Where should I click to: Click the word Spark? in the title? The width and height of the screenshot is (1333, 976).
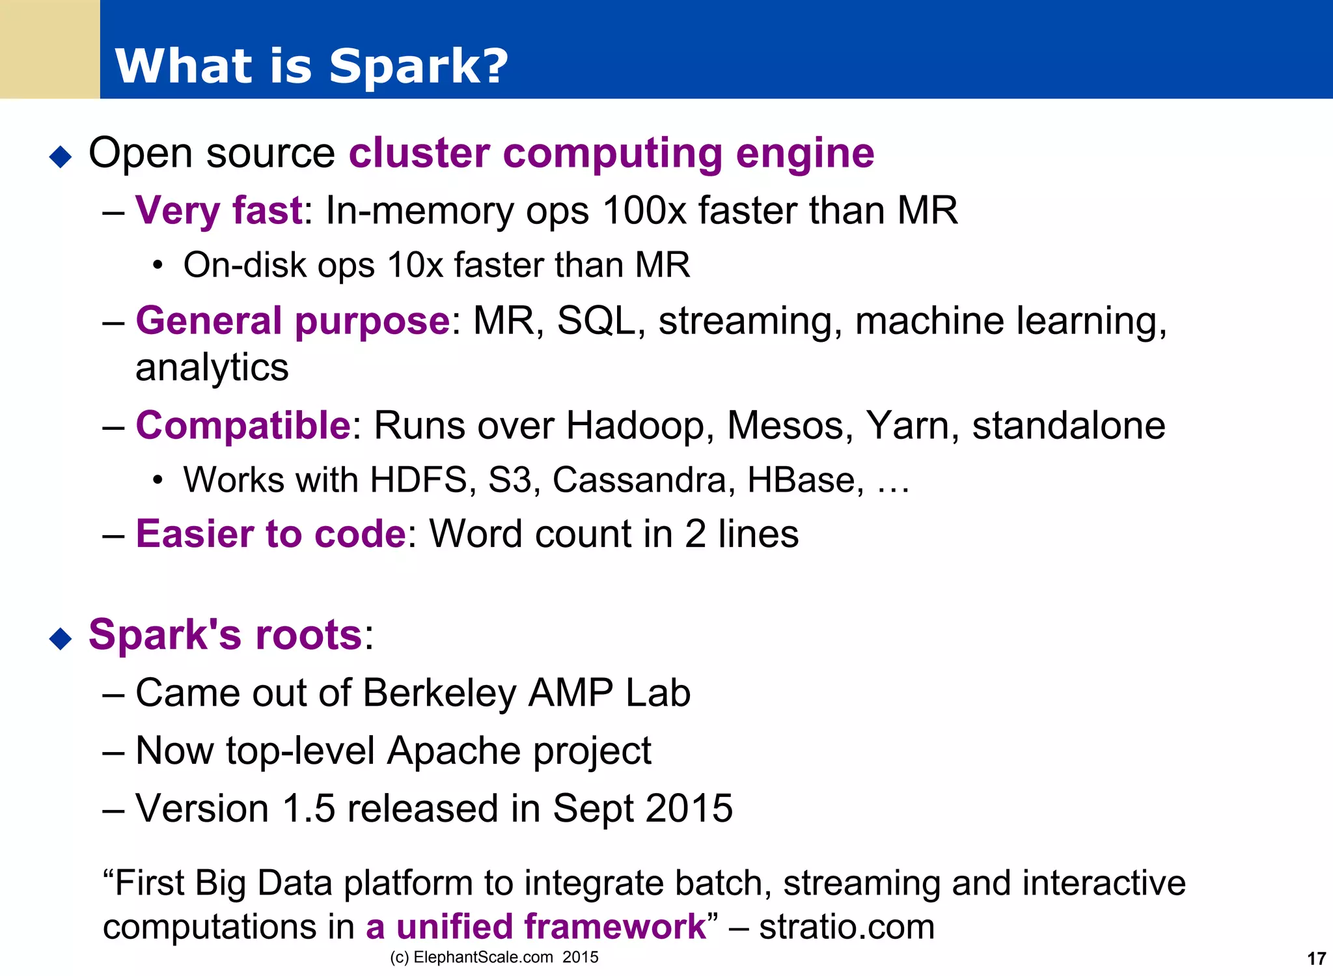coord(419,67)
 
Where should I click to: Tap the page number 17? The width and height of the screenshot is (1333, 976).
coord(1316,958)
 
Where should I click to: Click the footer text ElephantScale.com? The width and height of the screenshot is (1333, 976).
coord(483,957)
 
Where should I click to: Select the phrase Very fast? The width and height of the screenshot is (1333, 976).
coord(219,210)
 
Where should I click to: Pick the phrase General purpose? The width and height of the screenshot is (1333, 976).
coord(292,320)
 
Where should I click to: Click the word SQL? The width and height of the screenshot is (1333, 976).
coord(596,320)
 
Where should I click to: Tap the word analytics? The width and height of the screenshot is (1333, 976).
coord(212,368)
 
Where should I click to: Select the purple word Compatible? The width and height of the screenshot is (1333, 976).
coord(243,425)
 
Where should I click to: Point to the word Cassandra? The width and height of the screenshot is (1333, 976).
coord(639,480)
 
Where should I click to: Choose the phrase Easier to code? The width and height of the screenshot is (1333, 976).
coord(271,534)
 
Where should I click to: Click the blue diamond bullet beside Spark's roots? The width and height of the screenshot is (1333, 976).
coord(61,638)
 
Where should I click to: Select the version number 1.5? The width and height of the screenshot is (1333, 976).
coord(309,808)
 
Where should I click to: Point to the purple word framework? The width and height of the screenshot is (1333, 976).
coord(614,927)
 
